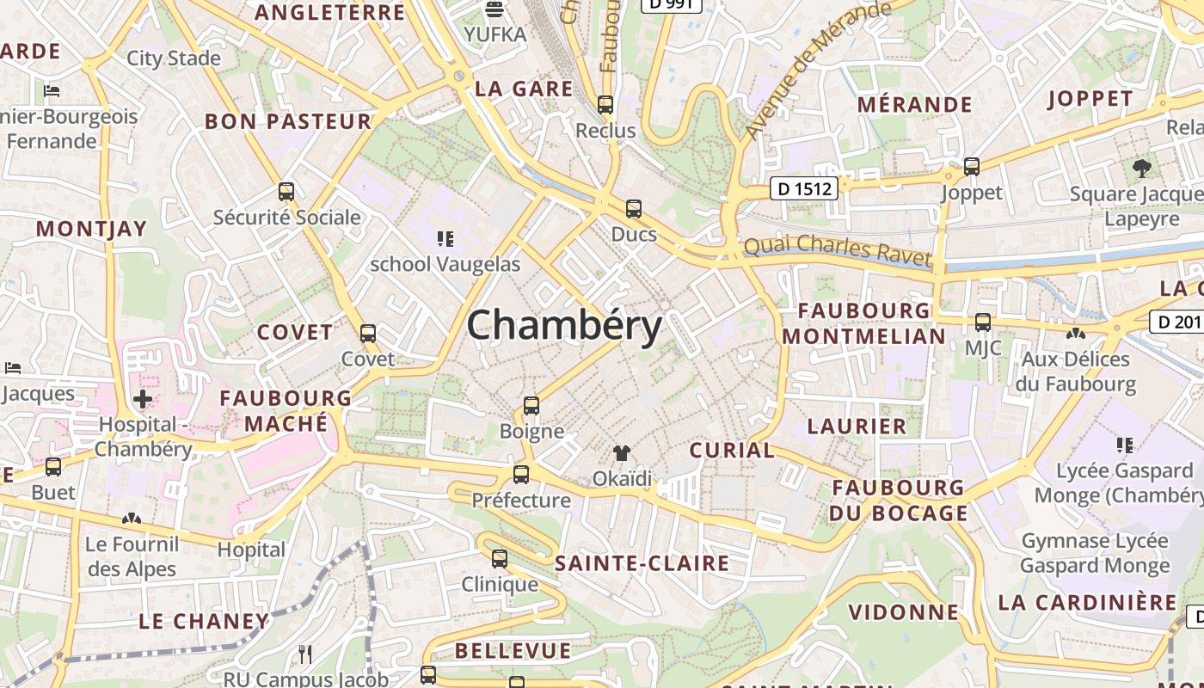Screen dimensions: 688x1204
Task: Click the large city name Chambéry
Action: tap(564, 326)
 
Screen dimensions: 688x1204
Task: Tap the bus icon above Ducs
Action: tap(634, 208)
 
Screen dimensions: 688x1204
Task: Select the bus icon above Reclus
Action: tap(605, 105)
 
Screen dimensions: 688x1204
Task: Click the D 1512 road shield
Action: tap(803, 188)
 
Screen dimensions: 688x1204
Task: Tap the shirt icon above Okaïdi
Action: tap(622, 453)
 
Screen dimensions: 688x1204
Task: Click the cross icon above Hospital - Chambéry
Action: tap(143, 399)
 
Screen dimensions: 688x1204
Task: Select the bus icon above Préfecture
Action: tap(521, 475)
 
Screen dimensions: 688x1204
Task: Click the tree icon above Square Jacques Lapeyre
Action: tap(1141, 168)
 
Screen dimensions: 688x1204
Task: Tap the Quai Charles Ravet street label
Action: tap(838, 249)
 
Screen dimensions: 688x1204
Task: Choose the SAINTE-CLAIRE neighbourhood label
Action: tap(642, 564)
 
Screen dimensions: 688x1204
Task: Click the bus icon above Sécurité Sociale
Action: tap(286, 192)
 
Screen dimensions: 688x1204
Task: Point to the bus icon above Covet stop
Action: tap(368, 334)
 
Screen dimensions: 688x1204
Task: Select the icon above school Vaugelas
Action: tap(445, 238)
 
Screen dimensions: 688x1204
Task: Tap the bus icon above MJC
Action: tap(982, 323)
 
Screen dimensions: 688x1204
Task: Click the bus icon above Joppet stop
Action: tap(972, 167)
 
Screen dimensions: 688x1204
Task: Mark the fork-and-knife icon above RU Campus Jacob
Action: tap(305, 654)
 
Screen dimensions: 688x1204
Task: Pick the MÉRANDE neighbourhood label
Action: tap(914, 105)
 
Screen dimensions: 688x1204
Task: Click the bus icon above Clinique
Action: tap(500, 559)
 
